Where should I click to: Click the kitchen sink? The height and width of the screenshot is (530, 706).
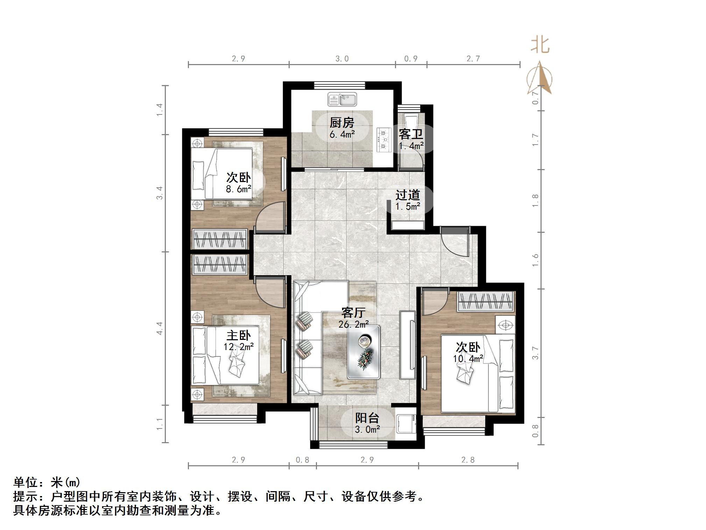click(342, 99)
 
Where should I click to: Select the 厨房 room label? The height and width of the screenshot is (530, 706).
click(342, 123)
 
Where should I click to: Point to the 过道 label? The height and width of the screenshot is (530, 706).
click(408, 195)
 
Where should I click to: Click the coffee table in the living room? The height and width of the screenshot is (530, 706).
click(363, 352)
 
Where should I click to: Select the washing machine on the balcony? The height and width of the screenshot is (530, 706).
click(405, 424)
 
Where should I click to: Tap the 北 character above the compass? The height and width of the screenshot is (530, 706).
click(540, 46)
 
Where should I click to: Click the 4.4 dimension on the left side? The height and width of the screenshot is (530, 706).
click(160, 328)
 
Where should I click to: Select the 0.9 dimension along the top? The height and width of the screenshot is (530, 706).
click(411, 59)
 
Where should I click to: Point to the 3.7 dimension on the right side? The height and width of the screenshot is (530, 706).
click(535, 353)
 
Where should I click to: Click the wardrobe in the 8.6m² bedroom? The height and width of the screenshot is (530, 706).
click(220, 239)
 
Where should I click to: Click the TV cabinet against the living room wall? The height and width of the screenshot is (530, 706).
click(408, 345)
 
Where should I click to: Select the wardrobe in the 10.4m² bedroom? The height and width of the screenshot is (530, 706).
click(486, 301)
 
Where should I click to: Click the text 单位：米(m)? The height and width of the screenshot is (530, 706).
click(47, 482)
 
